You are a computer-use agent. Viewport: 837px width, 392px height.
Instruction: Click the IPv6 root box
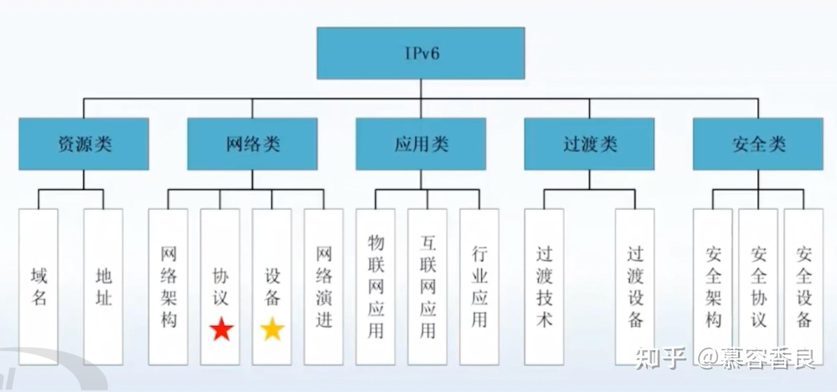421,53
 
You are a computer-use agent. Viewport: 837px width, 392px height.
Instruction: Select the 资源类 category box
84,144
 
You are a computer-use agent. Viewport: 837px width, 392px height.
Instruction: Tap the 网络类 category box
252,144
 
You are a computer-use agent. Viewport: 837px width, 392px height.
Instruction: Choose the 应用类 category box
421,144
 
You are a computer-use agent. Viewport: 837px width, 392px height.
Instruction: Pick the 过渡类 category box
589,144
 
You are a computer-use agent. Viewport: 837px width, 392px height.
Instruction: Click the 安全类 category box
758,144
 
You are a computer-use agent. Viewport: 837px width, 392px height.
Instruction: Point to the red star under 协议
221,329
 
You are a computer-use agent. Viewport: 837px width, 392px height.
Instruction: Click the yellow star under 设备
273,329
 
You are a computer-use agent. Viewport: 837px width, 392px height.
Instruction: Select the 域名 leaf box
39,287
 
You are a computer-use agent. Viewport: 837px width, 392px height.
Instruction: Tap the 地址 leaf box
103,287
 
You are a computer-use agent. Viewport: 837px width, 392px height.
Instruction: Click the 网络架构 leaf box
168,287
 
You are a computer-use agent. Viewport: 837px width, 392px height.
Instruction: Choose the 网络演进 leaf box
324,287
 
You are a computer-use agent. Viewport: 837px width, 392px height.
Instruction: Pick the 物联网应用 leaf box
375,287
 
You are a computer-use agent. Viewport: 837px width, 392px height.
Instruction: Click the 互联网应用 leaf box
428,287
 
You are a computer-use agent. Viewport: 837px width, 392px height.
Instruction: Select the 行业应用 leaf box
479,287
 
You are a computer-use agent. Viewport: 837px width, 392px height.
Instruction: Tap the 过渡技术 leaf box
544,287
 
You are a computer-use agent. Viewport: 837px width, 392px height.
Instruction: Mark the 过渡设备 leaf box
635,287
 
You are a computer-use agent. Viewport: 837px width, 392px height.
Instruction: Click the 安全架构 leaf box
713,287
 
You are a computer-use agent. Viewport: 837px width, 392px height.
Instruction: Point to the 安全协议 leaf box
758,287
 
